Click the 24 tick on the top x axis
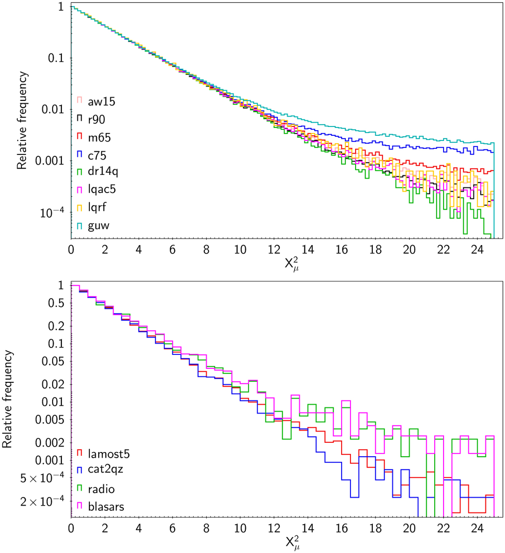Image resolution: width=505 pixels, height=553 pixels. point(477,250)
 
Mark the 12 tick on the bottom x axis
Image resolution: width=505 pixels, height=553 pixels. point(274,528)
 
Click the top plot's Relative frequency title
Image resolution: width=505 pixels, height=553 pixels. point(22,120)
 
